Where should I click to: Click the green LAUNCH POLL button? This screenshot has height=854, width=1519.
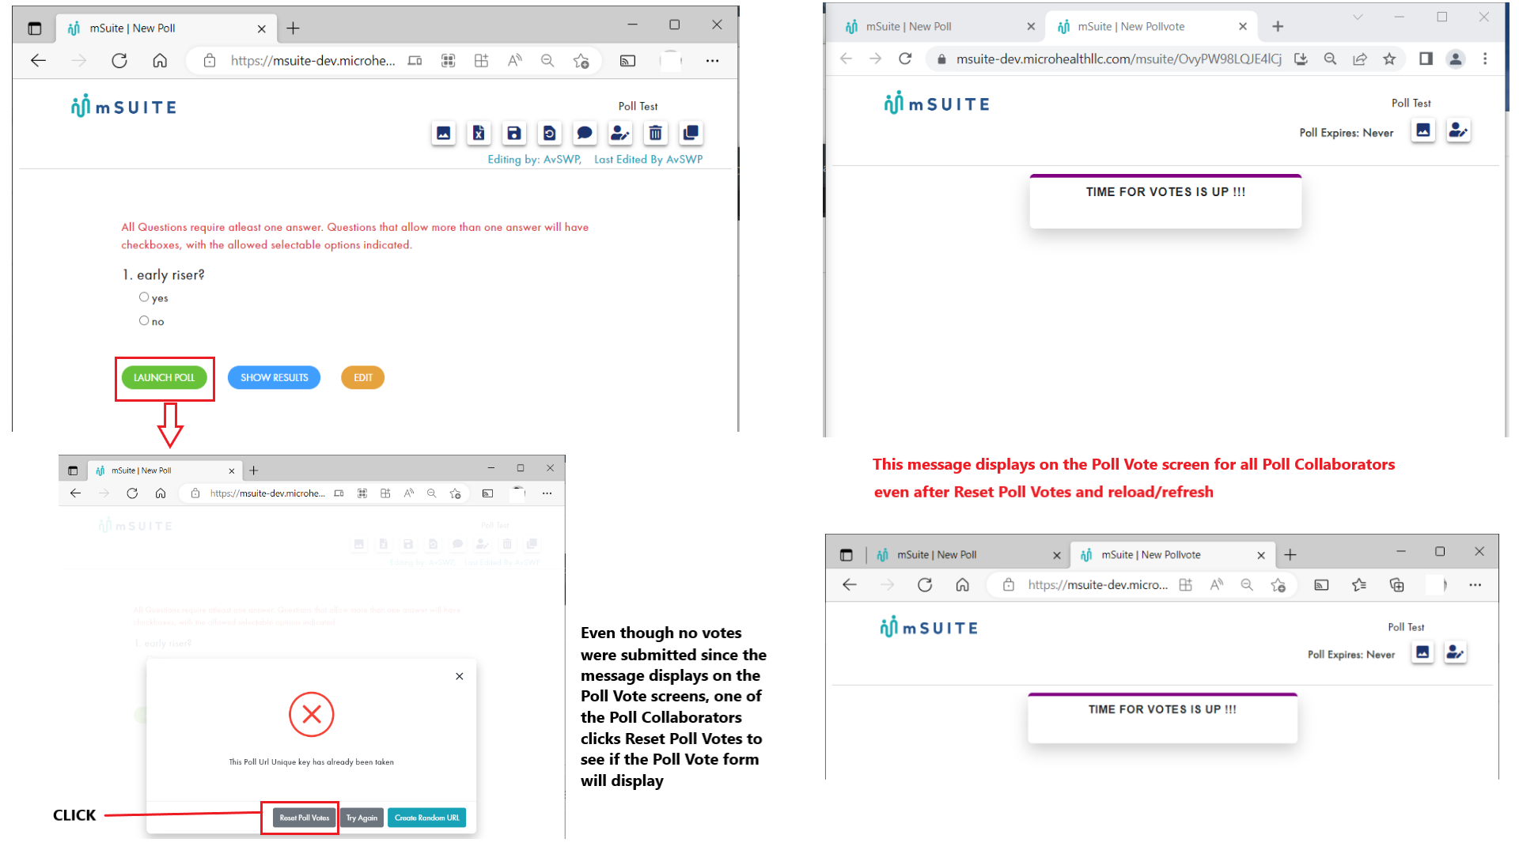click(164, 378)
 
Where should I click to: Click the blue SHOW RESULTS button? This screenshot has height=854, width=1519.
click(274, 378)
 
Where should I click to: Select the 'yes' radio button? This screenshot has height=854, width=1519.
click(144, 297)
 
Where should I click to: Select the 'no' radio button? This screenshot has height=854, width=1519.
click(144, 321)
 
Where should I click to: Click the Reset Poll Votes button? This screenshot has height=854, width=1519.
click(305, 818)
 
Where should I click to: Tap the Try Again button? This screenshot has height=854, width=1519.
click(362, 818)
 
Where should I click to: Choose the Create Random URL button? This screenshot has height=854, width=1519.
click(426, 818)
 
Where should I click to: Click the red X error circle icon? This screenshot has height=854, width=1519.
click(311, 715)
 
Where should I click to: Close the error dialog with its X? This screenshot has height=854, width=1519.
click(460, 676)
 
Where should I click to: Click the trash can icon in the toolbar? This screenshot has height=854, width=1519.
click(655, 133)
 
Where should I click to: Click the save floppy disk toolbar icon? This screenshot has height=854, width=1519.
click(514, 133)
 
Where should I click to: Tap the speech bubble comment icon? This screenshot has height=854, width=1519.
click(585, 133)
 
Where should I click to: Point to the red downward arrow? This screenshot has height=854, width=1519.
click(170, 425)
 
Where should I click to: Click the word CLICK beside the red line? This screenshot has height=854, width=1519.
click(74, 815)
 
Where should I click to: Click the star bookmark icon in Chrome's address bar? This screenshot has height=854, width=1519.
click(1389, 59)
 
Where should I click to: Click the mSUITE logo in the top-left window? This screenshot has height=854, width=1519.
click(124, 107)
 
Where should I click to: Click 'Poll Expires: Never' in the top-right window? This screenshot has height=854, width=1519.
click(1346, 133)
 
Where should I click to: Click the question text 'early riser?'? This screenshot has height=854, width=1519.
click(170, 275)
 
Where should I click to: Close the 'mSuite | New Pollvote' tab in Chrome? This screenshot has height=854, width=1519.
click(1243, 26)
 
